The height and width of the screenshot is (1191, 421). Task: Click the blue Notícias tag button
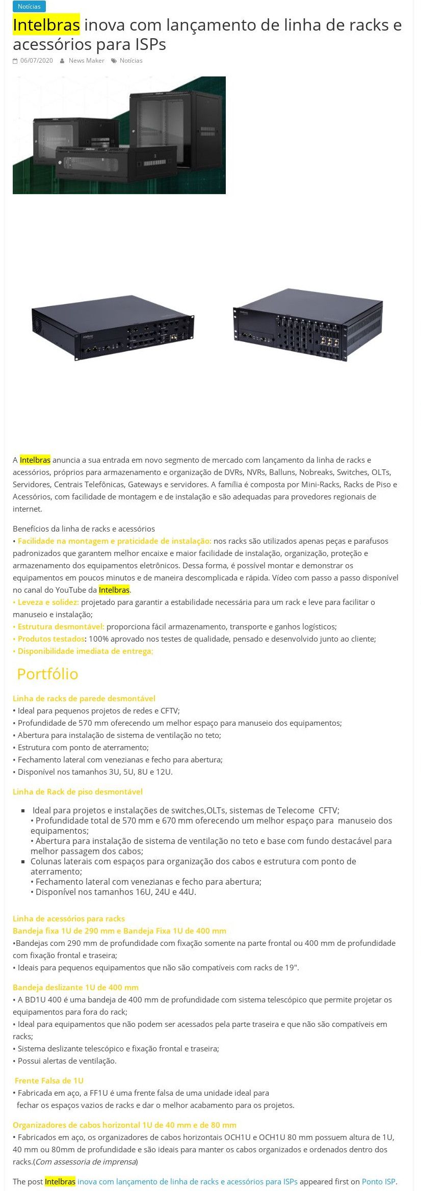tap(29, 7)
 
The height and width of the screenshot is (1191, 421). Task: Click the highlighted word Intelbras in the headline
tap(46, 25)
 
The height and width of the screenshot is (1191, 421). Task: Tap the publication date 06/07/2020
tap(36, 61)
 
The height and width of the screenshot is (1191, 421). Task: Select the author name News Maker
tap(86, 61)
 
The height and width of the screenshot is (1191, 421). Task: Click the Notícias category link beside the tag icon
tap(131, 61)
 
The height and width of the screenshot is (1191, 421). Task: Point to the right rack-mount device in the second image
tap(308, 324)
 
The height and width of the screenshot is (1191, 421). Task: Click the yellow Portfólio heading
tap(47, 674)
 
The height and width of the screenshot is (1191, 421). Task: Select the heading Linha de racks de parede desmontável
tap(84, 699)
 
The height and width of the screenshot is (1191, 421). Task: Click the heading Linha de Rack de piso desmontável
tap(77, 792)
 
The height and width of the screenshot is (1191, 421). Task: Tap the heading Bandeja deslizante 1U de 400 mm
tap(75, 988)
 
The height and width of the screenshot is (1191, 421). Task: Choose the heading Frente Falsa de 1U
tap(49, 1081)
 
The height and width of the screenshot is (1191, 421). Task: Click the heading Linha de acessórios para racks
tap(69, 919)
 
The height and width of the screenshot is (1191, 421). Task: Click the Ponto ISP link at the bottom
tap(378, 1182)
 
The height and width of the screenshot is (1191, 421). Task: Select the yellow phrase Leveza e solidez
tap(48, 602)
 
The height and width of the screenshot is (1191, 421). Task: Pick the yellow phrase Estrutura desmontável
tap(61, 627)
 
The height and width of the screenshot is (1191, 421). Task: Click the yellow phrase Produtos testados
tap(51, 639)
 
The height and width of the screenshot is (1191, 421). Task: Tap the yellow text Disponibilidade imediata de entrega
tap(85, 651)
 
